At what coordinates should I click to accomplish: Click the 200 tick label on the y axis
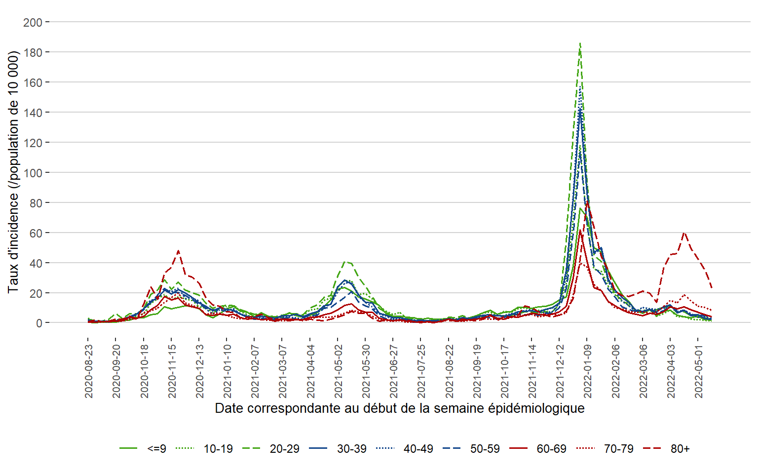pyautogui.click(x=33, y=22)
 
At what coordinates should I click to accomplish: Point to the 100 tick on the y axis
pyautogui.click(x=33, y=173)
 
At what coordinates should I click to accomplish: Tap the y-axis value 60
pyautogui.click(x=36, y=233)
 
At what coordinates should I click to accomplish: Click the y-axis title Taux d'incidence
pyautogui.click(x=13, y=171)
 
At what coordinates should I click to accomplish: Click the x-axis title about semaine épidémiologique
pyautogui.click(x=400, y=408)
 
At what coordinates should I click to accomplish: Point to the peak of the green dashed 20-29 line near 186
pyautogui.click(x=580, y=43)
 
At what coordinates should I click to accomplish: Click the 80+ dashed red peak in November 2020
pyautogui.click(x=178, y=251)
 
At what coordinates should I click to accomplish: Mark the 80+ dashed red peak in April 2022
pyautogui.click(x=684, y=232)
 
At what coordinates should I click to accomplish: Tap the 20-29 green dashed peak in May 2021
pyautogui.click(x=345, y=262)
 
